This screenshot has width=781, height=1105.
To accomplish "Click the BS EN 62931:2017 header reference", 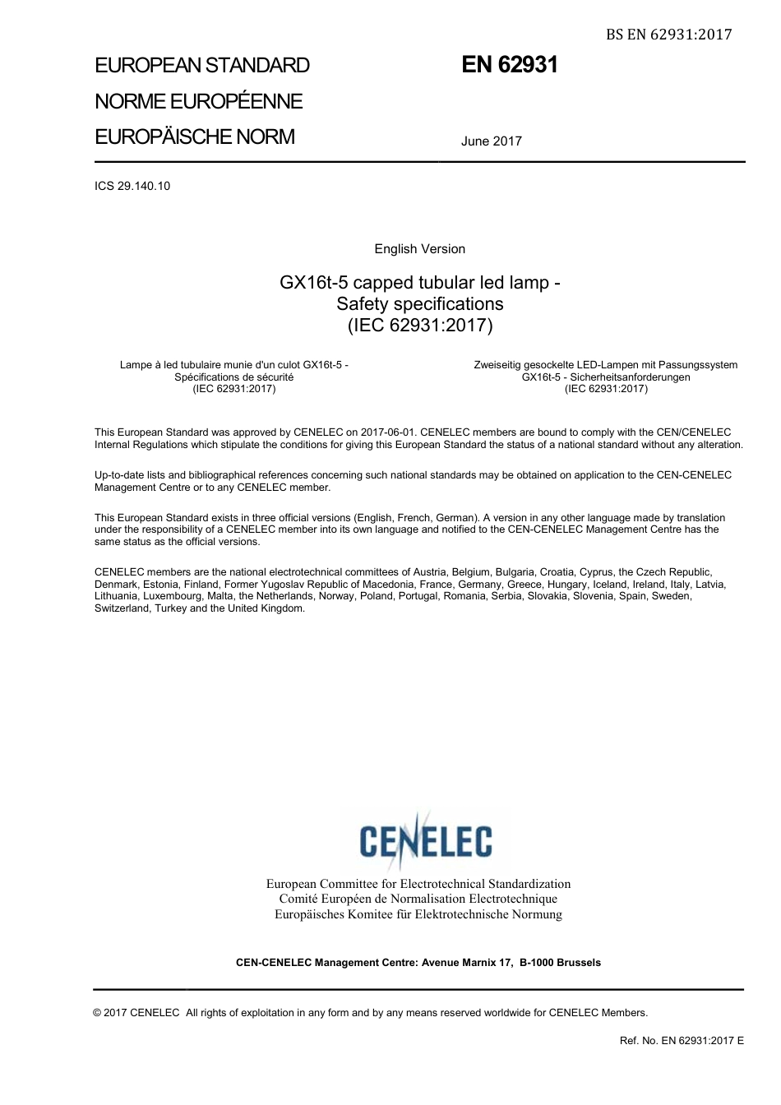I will pos(668,34).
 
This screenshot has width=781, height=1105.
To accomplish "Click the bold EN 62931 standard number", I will pos(509,65).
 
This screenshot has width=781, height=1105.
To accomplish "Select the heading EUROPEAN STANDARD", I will pos(202,66).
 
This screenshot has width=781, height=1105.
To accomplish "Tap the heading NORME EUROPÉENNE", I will pos(199,101).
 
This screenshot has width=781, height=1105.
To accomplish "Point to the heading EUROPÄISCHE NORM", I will pos(195,136).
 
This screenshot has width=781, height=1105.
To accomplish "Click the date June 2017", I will pos(491,141).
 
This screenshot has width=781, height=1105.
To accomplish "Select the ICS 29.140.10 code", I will pos(132,186).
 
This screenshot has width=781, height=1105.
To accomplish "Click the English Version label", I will pos(419,249).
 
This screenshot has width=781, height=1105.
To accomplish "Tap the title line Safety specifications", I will pos(419,303).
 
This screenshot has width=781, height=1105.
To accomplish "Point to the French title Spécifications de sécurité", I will pos(233,377).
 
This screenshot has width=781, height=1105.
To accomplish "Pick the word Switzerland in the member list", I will pos(122,608).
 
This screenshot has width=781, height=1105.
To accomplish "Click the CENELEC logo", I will pos(426,840).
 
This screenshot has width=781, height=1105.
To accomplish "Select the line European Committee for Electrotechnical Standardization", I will pos(418,884).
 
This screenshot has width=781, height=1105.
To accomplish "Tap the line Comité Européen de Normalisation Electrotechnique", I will pos(418,899).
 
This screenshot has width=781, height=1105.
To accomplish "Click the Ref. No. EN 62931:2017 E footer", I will pos(682,1041).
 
